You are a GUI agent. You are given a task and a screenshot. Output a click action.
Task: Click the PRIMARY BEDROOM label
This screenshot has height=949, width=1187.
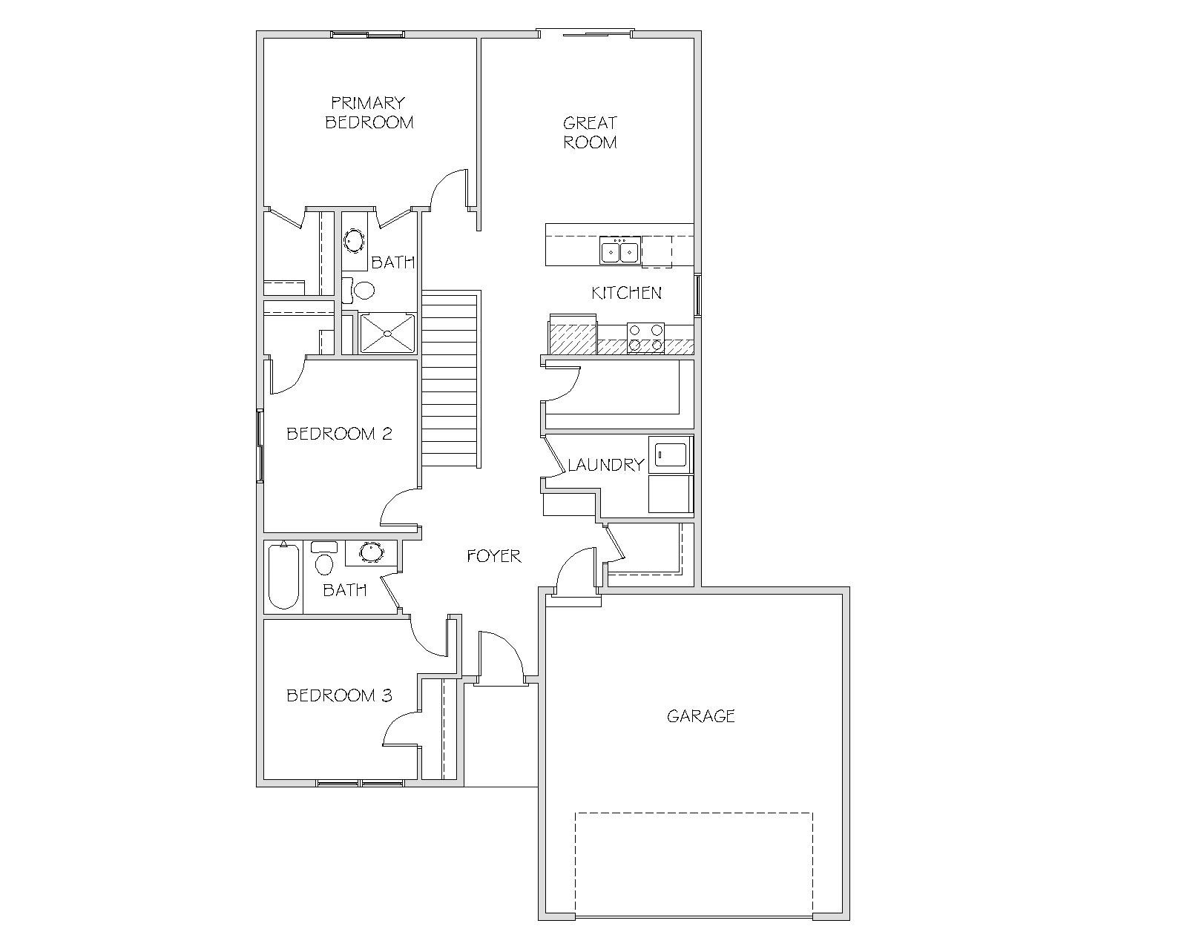[x=369, y=113]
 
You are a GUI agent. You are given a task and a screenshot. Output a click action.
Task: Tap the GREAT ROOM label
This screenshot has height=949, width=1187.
[x=590, y=133]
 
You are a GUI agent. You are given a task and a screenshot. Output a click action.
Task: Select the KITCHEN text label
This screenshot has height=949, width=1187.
[x=626, y=293]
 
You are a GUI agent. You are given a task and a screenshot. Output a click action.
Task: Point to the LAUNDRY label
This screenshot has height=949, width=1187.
[x=605, y=465]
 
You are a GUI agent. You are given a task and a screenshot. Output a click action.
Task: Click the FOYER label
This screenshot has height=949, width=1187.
[x=493, y=556]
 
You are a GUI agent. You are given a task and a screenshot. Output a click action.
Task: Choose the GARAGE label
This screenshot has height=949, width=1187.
[x=700, y=715]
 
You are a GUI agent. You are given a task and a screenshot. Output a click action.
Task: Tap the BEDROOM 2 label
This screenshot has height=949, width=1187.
[x=339, y=434]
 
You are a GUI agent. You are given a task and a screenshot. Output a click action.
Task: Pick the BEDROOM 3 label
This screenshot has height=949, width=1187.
[x=339, y=695]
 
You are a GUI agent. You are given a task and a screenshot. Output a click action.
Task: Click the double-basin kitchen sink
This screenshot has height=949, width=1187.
[x=620, y=251]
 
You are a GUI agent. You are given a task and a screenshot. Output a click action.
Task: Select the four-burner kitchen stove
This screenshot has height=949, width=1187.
[x=645, y=338]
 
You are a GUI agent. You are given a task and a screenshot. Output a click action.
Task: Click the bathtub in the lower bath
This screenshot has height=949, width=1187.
[x=283, y=576]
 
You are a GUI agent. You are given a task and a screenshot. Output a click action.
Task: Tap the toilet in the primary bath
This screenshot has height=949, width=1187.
[x=358, y=290]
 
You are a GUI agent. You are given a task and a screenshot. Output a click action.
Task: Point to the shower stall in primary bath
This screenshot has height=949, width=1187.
[x=387, y=333]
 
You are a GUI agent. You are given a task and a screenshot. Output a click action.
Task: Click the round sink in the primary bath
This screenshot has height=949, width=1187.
[x=354, y=241]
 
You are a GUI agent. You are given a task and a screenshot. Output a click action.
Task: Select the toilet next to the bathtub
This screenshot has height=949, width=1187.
[x=323, y=558]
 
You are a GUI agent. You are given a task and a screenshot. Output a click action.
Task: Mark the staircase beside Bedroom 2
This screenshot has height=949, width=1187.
[x=450, y=380]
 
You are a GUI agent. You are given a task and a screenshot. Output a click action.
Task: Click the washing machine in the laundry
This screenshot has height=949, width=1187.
[x=671, y=454]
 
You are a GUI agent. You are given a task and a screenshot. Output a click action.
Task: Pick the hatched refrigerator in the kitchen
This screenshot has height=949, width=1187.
[x=573, y=334]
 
